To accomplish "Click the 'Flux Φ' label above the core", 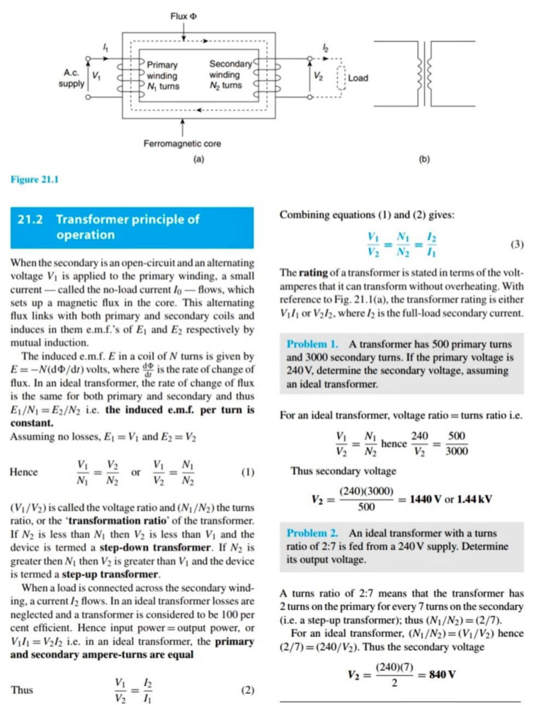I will point(183,16).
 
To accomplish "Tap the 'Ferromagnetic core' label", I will point(182,144).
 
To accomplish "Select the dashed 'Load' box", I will point(341,78).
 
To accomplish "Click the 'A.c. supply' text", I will point(71,78).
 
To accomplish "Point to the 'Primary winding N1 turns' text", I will point(163,76).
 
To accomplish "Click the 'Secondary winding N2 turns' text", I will point(226,75).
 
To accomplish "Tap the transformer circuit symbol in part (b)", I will point(425,73).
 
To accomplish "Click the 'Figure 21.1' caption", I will point(35,180).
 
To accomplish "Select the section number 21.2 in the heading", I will point(30,219).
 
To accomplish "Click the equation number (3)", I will point(517,245).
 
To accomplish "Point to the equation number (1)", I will point(247,472).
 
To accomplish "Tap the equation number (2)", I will point(247,690).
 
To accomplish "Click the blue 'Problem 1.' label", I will point(312,344).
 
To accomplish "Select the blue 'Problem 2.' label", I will point(312,533).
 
